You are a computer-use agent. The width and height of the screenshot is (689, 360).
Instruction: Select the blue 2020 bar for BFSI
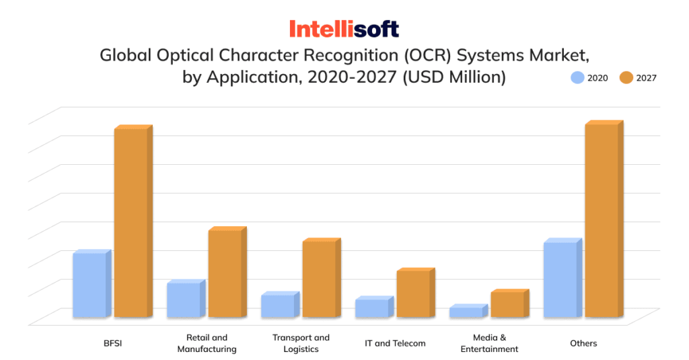coord(90,285)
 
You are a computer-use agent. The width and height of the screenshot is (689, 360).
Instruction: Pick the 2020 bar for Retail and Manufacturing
coord(184,300)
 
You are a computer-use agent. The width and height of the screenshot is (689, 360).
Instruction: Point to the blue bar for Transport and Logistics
coord(279,306)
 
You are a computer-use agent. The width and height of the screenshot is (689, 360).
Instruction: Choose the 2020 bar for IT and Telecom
coord(373,308)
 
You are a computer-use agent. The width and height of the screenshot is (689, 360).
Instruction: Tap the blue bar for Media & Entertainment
coord(467,312)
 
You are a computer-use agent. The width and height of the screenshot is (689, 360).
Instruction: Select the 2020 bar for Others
coord(561,279)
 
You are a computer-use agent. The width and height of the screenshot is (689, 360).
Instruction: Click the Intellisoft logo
coord(344,29)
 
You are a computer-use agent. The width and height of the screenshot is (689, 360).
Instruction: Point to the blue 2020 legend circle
coord(577,77)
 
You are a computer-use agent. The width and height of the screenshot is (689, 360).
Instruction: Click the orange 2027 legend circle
coord(626,77)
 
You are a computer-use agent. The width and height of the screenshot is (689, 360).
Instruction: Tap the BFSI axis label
coord(112,343)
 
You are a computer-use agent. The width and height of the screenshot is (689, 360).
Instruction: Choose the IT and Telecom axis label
coord(395,343)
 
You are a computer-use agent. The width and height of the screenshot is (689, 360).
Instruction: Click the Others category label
coord(583,343)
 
